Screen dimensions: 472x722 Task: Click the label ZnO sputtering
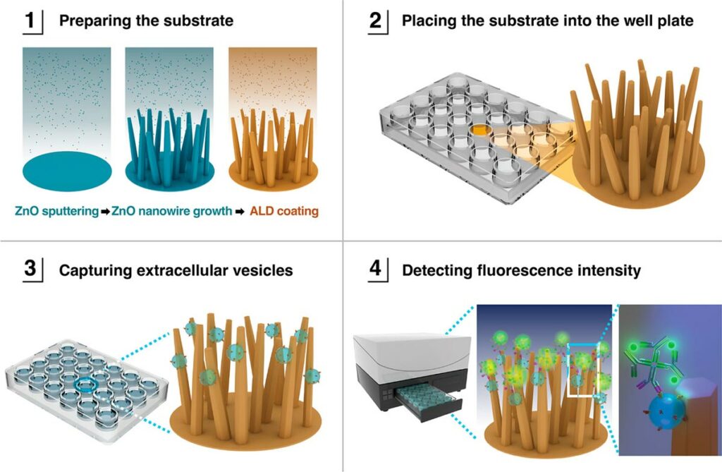56,210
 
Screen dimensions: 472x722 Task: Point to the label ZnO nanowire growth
171,210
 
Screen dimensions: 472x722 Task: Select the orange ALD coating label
285,210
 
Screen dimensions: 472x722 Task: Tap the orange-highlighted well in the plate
481,130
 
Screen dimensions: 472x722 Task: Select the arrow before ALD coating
240,210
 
